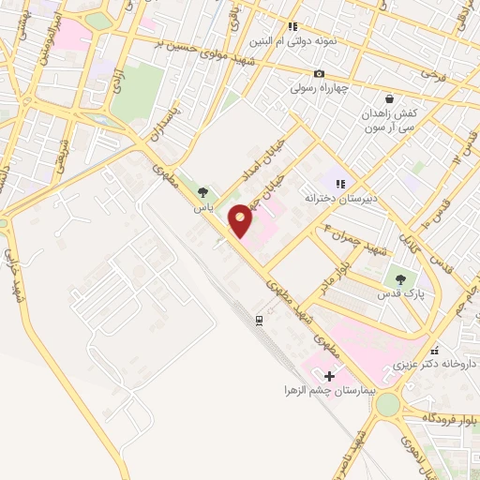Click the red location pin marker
click(242, 220)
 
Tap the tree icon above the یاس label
click(202, 192)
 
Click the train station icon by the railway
click(258, 321)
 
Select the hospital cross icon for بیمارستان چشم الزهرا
click(329, 375)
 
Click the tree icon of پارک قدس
click(402, 278)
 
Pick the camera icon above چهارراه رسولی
click(320, 74)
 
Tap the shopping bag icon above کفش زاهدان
click(388, 98)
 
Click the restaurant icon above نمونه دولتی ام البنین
click(292, 27)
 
